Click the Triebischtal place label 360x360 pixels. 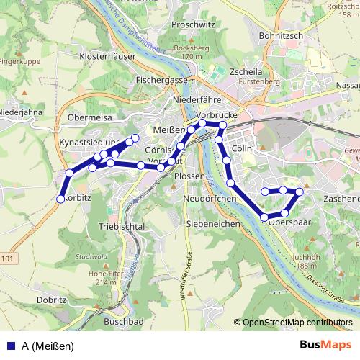121,226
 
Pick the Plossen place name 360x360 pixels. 189,176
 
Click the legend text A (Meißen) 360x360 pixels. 48,346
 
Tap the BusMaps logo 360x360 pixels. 325,345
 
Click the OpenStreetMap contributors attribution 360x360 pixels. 297,323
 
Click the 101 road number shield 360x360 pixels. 7,258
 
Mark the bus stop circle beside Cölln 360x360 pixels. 227,160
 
